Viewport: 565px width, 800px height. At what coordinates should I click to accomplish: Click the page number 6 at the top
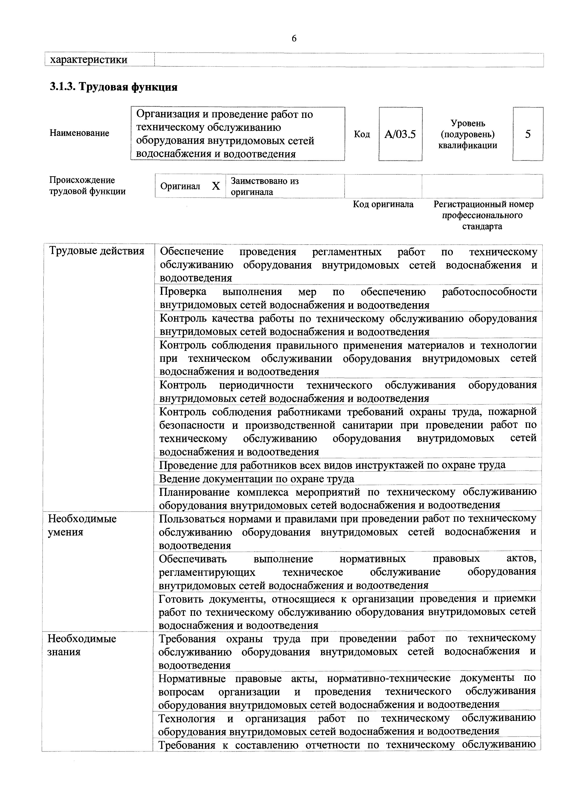pos(294,38)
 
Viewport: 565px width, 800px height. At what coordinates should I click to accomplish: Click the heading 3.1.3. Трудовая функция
pos(114,86)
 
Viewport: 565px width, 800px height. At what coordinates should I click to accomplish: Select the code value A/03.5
pos(400,134)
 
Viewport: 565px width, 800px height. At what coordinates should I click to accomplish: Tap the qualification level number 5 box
pos(528,134)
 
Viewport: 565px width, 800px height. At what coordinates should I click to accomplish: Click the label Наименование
pos(79,133)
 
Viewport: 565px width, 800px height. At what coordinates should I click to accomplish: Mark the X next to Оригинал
pos(216,186)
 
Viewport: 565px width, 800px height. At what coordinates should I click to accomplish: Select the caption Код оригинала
pos(383,205)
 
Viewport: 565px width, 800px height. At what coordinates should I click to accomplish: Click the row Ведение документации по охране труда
pos(257,479)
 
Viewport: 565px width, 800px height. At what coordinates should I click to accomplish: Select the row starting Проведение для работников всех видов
pos(332,465)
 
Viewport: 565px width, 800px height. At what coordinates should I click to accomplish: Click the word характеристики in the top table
pos(89,60)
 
